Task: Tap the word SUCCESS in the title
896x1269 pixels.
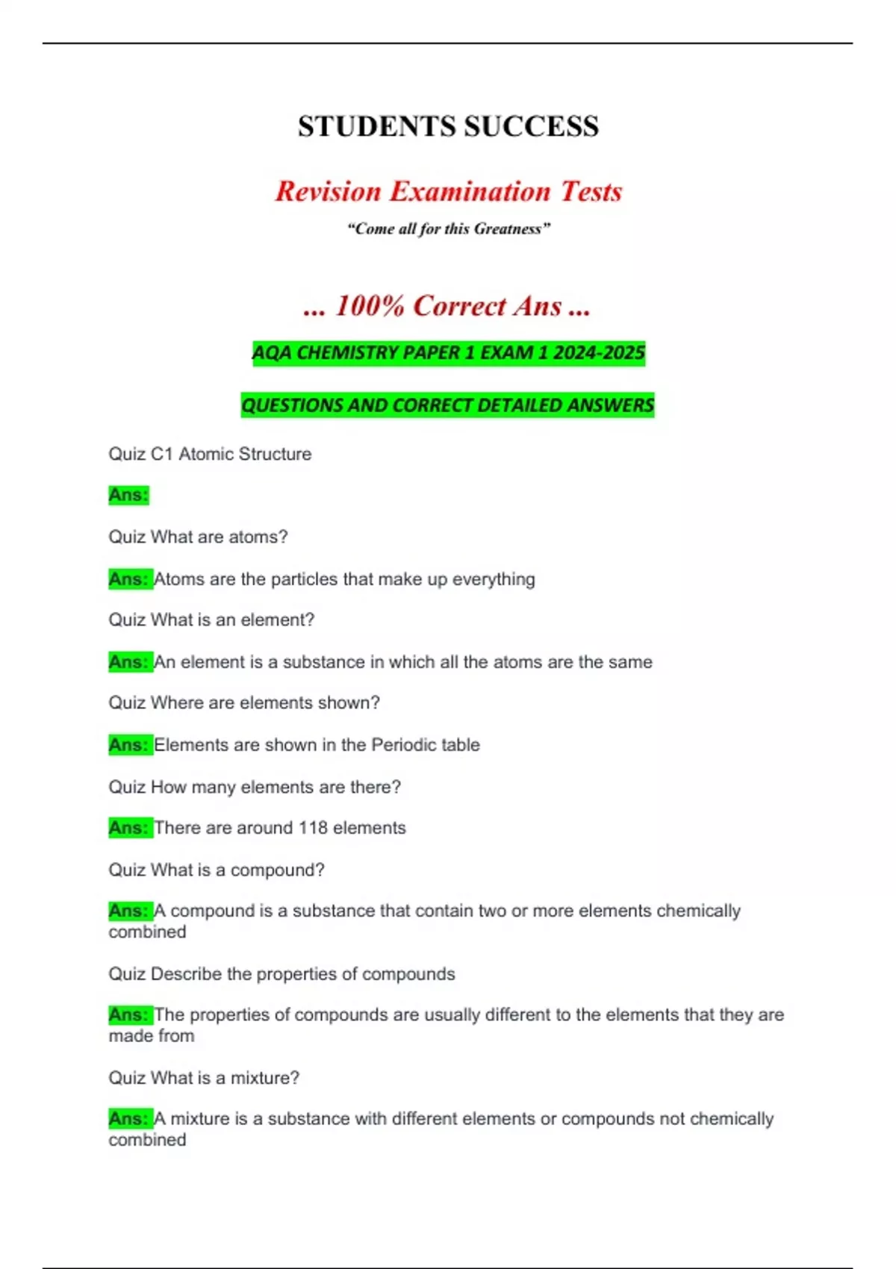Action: [x=531, y=126]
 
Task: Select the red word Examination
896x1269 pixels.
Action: [x=470, y=191]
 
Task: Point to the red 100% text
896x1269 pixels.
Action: [x=370, y=305]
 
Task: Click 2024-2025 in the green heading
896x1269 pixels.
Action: [x=599, y=352]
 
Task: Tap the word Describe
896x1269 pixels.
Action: [x=186, y=974]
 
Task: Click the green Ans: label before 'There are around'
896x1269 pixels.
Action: [x=128, y=828]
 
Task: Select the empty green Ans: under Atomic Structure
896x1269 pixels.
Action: [x=128, y=495]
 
